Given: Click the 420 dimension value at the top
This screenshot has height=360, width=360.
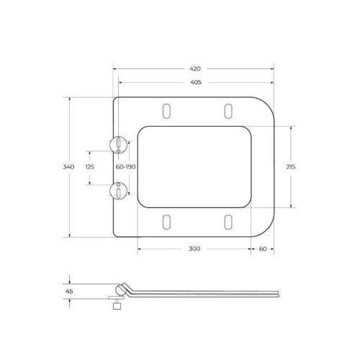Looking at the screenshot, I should (194, 68).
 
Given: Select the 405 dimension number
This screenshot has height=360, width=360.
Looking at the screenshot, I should (194, 82).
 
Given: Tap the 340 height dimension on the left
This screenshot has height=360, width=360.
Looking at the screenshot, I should (69, 166).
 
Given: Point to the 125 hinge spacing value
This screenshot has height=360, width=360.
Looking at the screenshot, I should (89, 166).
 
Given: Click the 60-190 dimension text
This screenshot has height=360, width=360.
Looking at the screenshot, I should (125, 166).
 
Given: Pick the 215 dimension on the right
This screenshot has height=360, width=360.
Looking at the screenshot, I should (291, 166).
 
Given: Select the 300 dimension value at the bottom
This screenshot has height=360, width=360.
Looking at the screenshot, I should (194, 248).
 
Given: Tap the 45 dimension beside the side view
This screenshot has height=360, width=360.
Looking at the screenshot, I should (69, 291).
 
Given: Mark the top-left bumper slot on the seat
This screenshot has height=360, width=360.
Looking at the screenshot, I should (168, 109).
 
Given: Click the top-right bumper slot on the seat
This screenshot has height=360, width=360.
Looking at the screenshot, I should (228, 109).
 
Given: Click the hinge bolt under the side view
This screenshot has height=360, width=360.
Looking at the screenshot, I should (113, 305).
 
